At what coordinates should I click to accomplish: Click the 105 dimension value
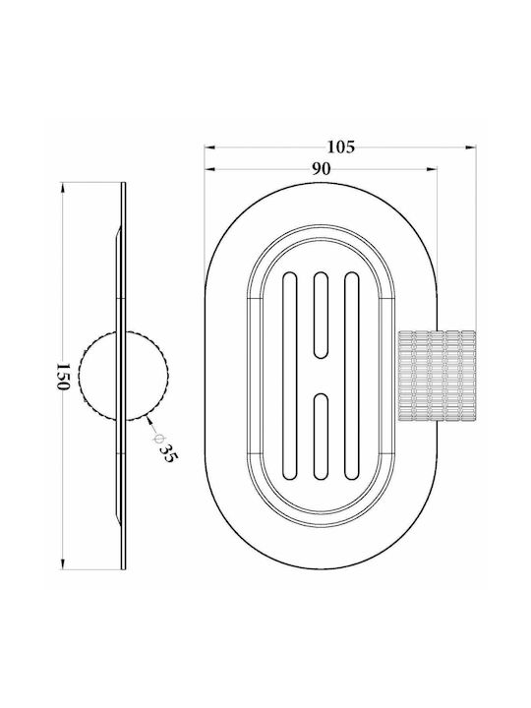pos(341,147)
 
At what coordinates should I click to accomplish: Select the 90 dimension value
pos(321,169)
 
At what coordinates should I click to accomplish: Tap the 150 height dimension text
pos(63,376)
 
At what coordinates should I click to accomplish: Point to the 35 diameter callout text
pos(169,453)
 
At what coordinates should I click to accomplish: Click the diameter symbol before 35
pos(157,438)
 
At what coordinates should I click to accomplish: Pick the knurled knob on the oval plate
pos(437,376)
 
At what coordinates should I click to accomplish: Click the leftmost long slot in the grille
pos(289,376)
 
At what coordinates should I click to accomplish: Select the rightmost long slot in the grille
pos(351,376)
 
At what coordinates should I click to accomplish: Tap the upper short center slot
pos(321,316)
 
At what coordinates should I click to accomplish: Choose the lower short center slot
pos(321,437)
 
